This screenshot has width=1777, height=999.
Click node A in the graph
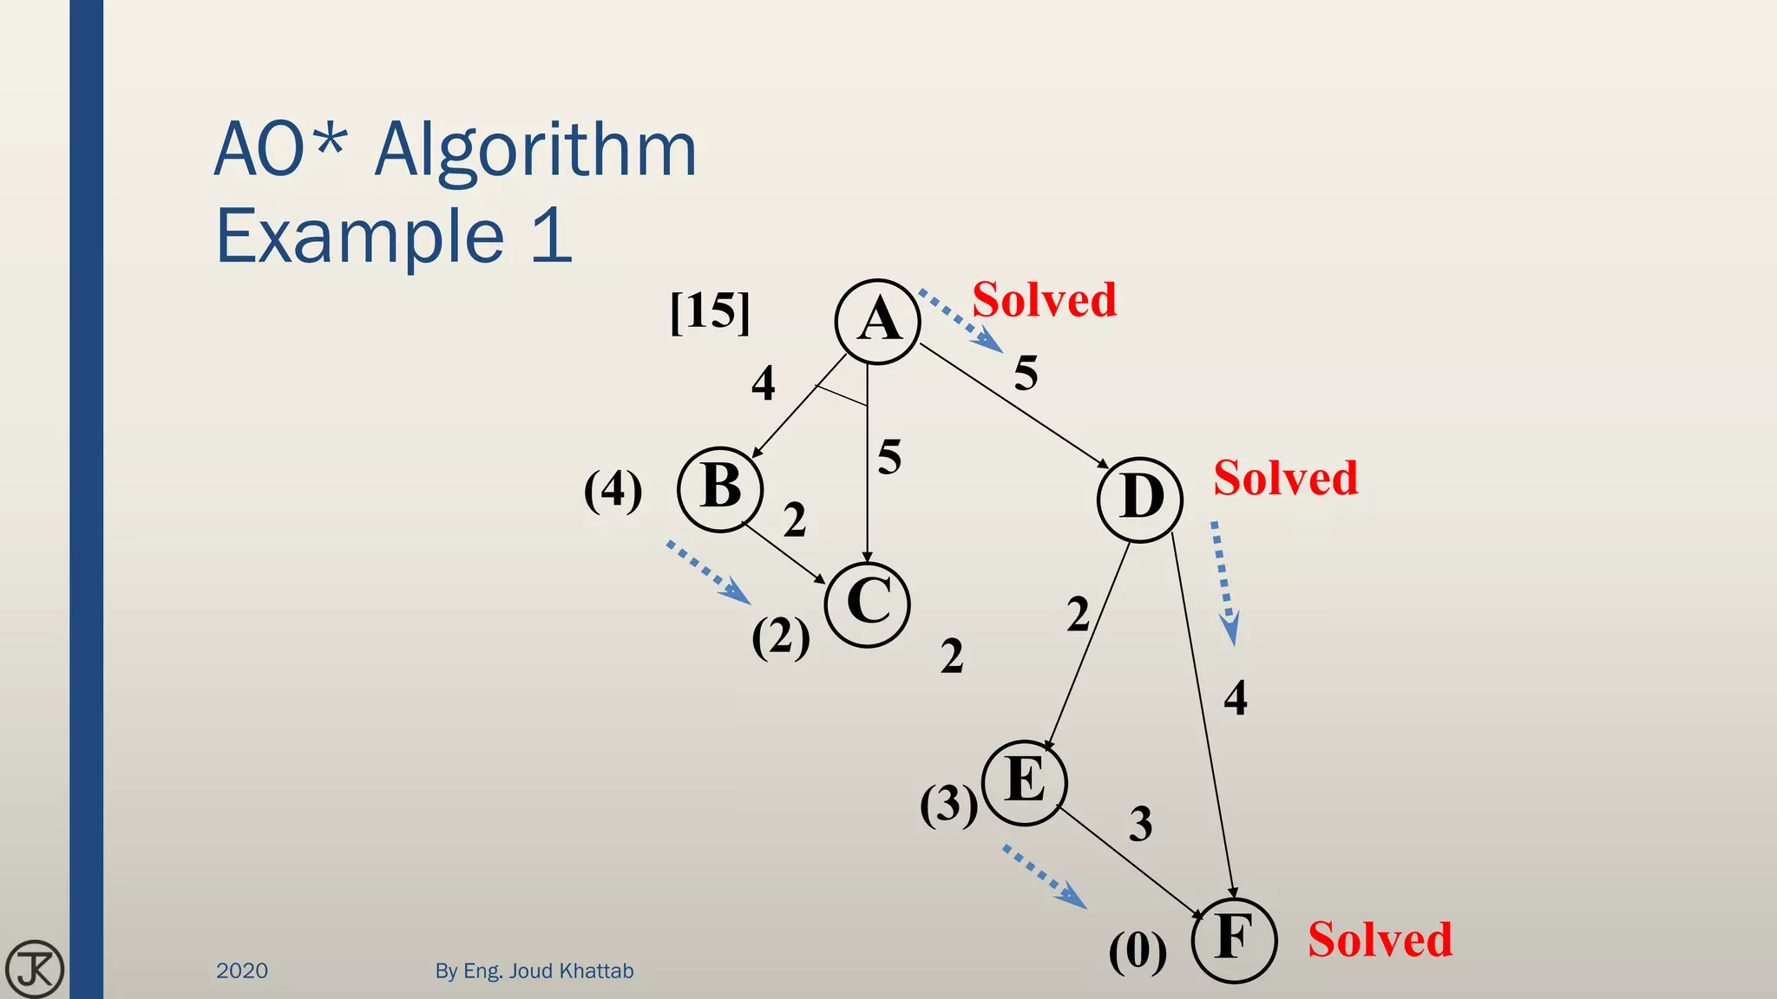tap(877, 322)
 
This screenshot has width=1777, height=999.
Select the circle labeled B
tap(720, 488)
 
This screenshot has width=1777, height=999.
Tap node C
tap(868, 604)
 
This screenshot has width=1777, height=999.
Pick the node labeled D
tap(1140, 499)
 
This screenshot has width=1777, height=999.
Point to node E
tap(1025, 782)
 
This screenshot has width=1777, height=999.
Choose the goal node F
tap(1234, 940)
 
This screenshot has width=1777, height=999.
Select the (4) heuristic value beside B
tap(613, 490)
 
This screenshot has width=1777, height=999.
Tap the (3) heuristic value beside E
tap(949, 805)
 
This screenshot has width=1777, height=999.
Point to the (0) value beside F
tap(1138, 951)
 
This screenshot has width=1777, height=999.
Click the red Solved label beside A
tap(1044, 300)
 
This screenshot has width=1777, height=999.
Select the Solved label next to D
tap(1285, 478)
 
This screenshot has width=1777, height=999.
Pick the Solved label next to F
tap(1380, 939)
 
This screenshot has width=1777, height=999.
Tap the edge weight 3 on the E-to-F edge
tap(1141, 824)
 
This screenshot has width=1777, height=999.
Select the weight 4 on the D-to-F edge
tap(1236, 698)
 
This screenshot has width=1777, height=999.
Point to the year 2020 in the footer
tap(242, 970)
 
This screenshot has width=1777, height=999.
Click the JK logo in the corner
tap(35, 969)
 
